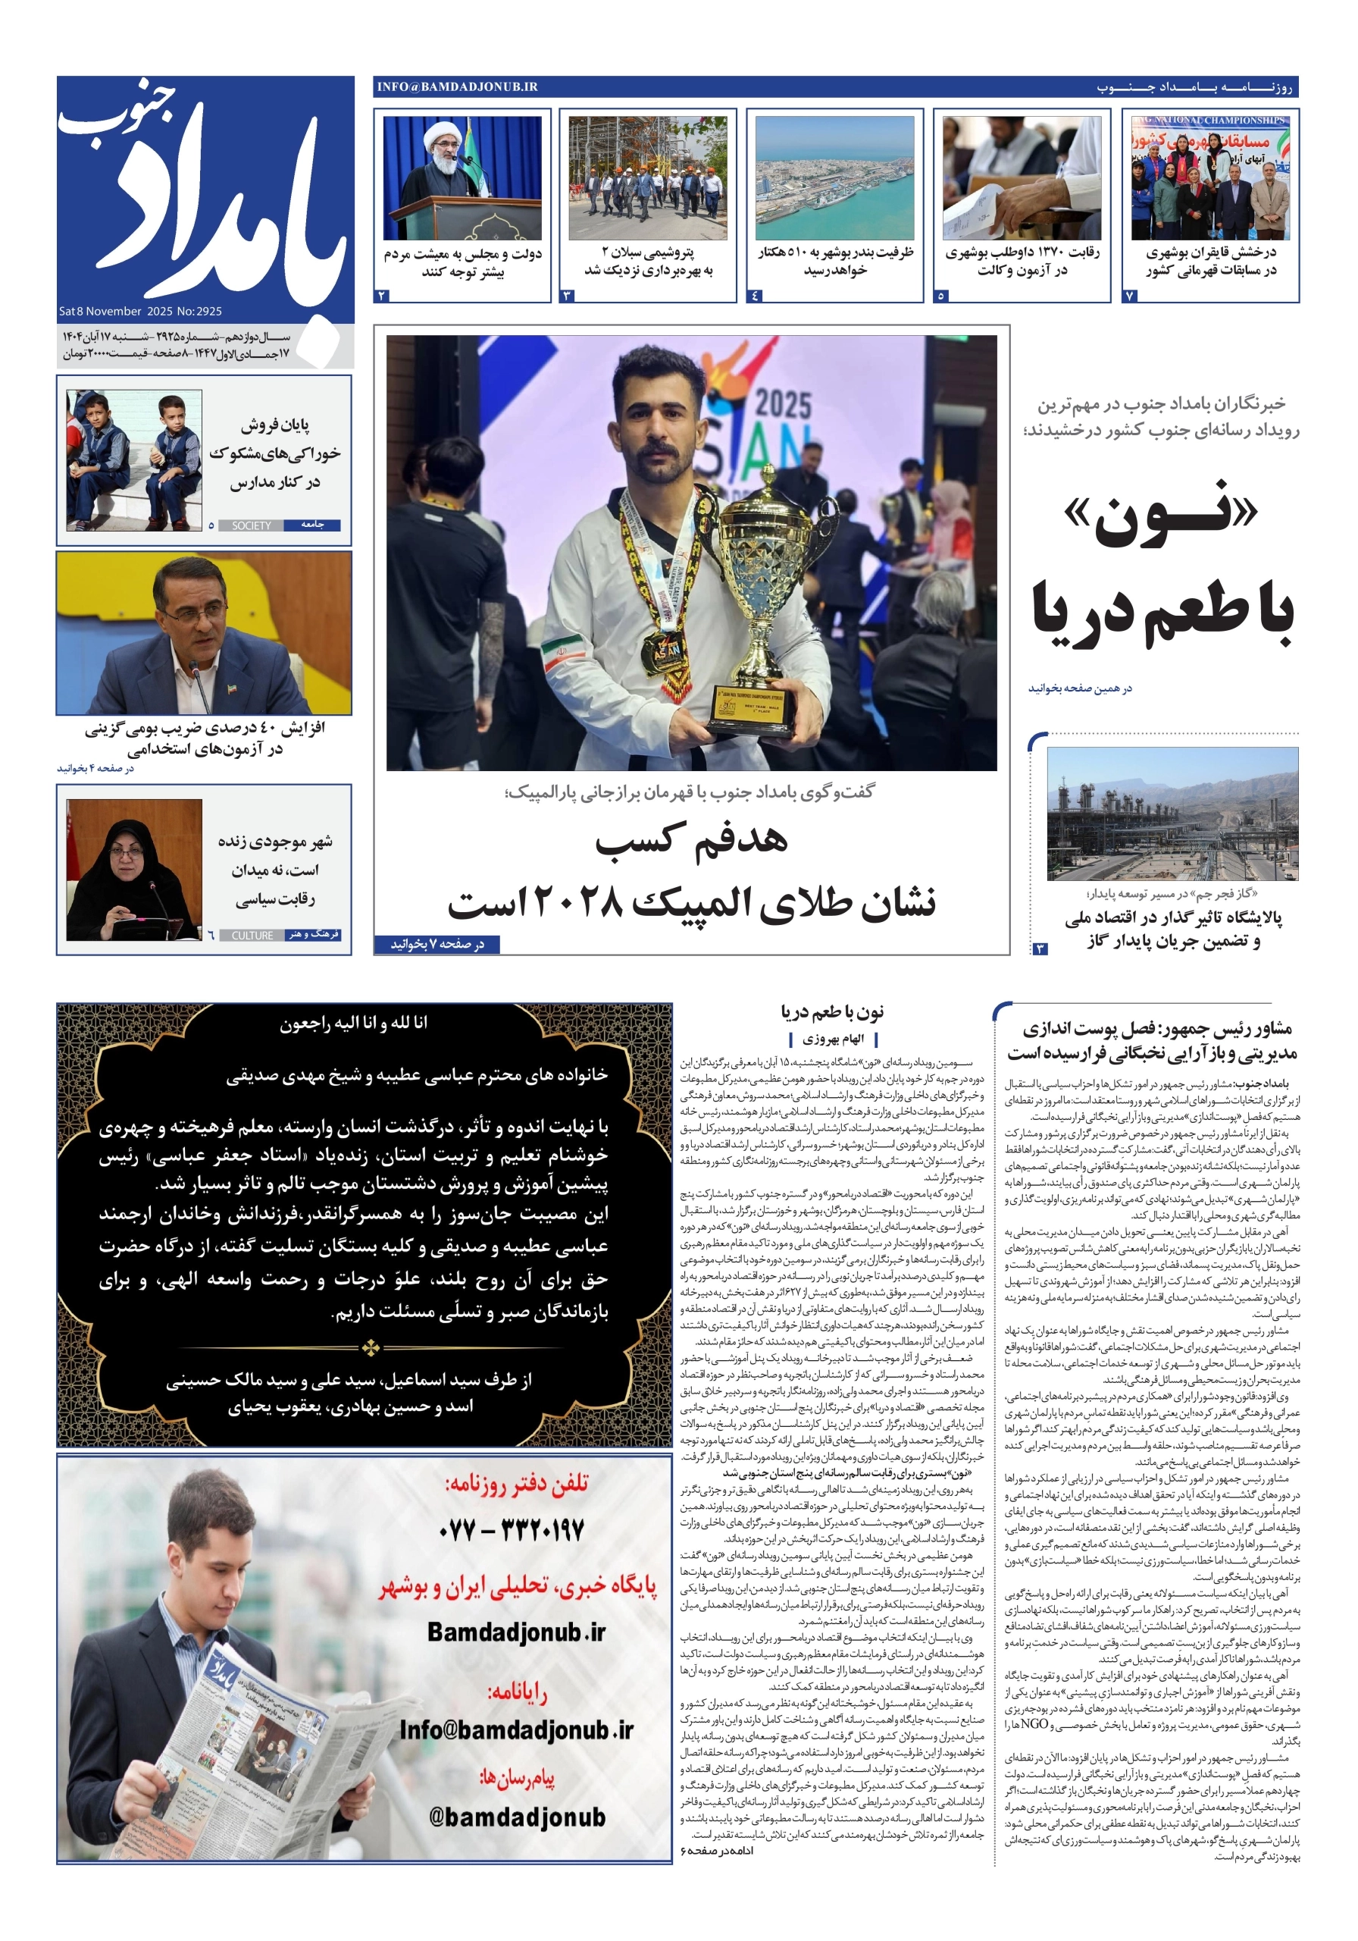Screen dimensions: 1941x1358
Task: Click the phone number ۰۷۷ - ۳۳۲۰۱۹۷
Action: (x=512, y=1529)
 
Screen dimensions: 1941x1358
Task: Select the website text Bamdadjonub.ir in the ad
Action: (x=516, y=1632)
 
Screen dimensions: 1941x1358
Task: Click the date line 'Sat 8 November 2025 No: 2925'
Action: (x=140, y=311)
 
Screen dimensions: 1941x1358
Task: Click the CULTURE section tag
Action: (x=252, y=936)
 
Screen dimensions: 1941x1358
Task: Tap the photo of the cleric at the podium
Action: (x=462, y=177)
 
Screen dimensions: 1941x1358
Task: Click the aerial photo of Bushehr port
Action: (x=834, y=177)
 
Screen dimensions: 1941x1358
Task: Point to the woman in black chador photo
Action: (x=133, y=869)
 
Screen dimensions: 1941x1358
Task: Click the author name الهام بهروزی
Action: (x=832, y=1039)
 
